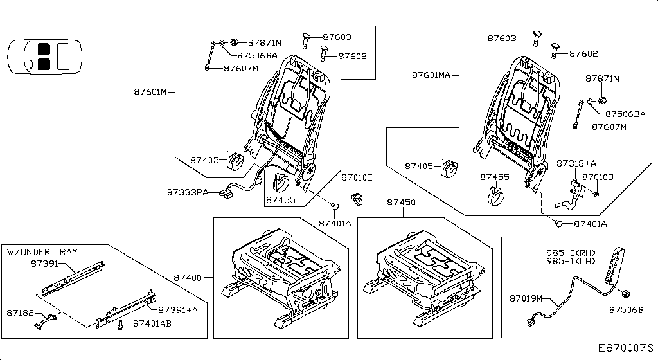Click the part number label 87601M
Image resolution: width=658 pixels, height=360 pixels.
pos(150,92)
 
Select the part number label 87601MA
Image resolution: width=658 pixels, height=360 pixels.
pos(431,75)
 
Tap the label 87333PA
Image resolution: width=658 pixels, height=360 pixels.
pos(188,192)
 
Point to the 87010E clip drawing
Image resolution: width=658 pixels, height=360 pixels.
pos(357,197)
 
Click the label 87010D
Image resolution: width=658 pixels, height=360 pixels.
pos(598,176)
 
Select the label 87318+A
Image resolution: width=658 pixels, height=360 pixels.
pos(576,163)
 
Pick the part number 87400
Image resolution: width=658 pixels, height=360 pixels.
pos(188,278)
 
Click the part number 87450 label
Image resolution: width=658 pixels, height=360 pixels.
pos(401,202)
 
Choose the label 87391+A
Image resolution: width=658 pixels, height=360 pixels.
pos(178,309)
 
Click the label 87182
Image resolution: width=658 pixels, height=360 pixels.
pos(20,312)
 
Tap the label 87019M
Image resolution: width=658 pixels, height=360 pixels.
pos(526,298)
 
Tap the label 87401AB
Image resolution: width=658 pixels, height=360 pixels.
pos(152,323)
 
